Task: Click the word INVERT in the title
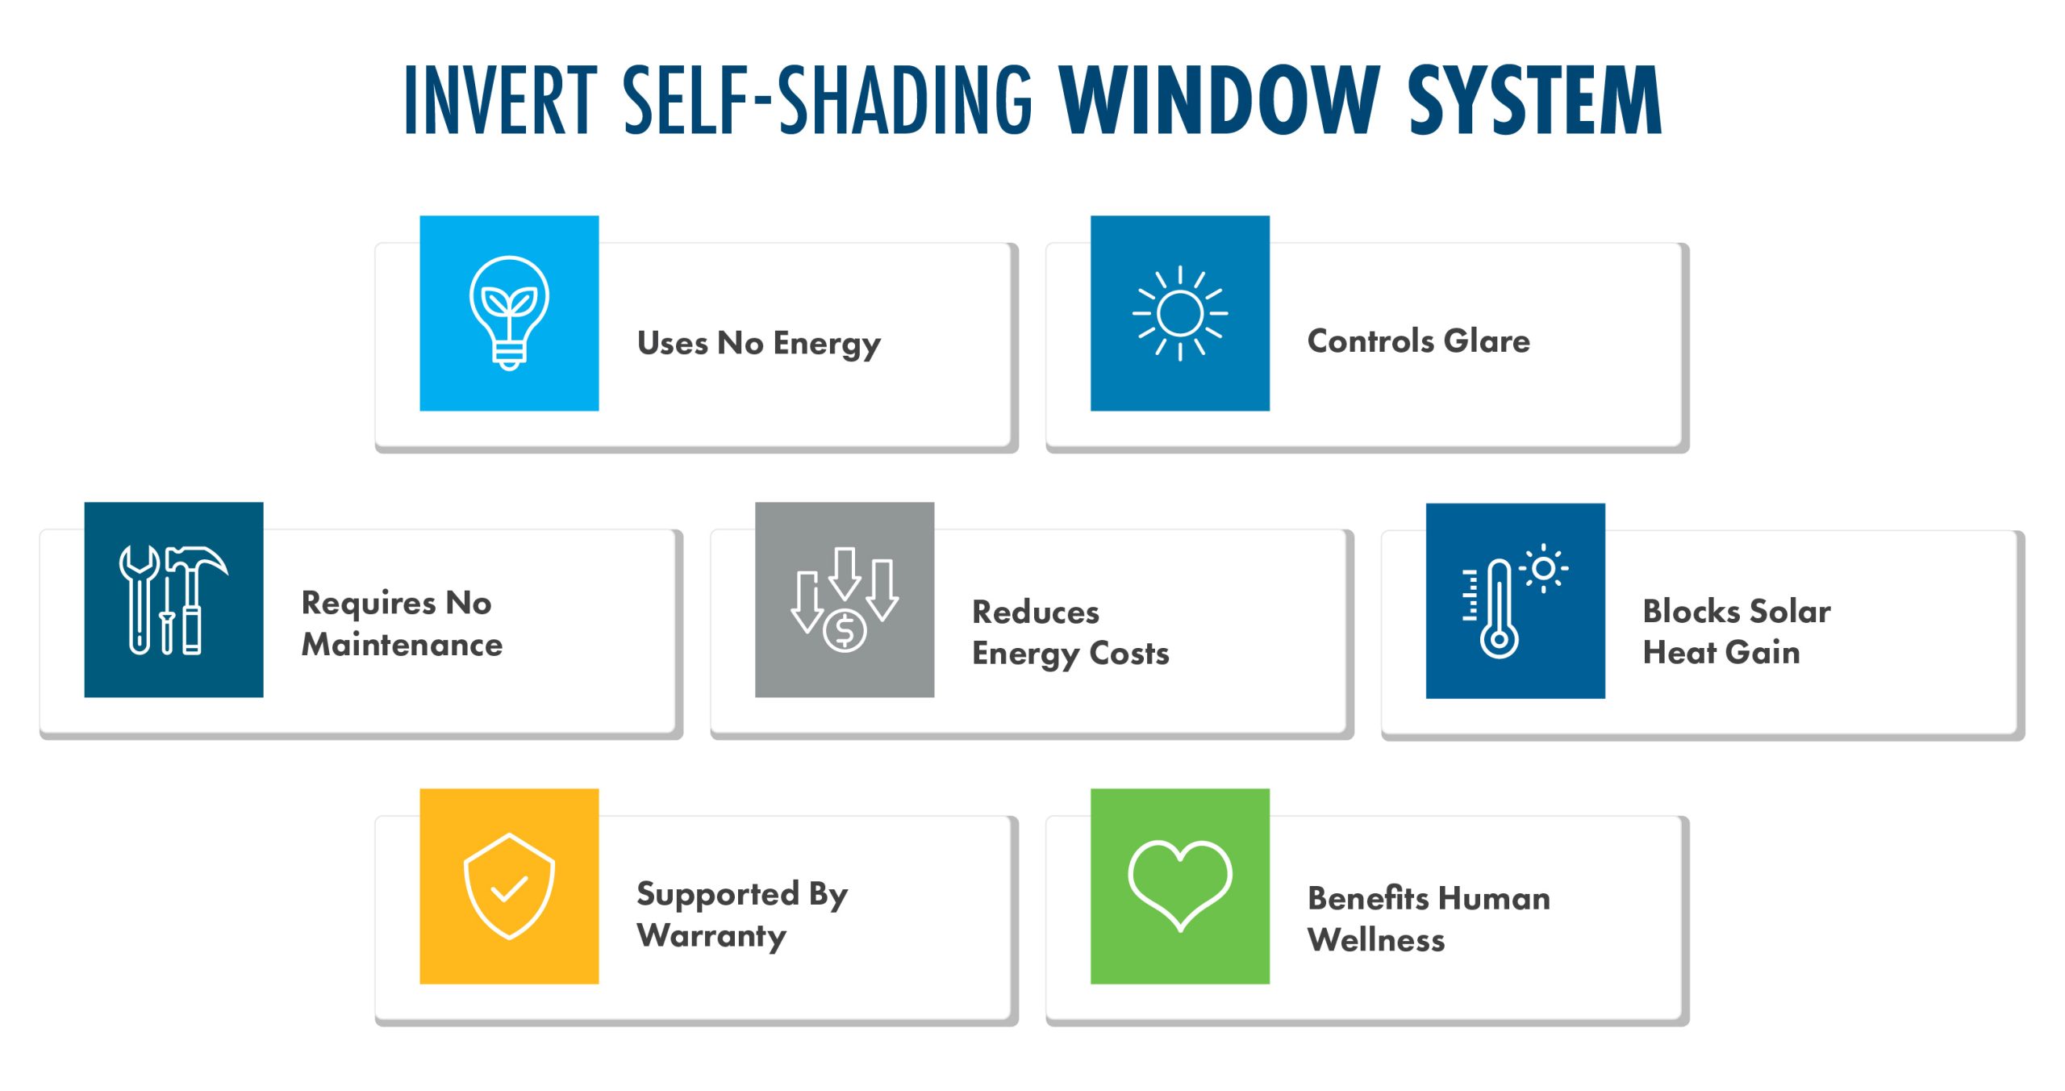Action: [x=501, y=100]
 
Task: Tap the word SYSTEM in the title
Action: [x=1534, y=100]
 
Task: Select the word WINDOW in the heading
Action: [x=1220, y=100]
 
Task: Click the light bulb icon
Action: [x=509, y=313]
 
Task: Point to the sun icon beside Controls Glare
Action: [x=1180, y=313]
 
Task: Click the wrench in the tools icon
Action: [x=140, y=599]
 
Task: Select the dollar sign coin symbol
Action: [x=845, y=631]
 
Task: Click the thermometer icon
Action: [x=1498, y=608]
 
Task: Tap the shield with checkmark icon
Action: [x=509, y=886]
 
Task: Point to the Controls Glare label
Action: [x=1419, y=341]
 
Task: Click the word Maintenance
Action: [x=402, y=645]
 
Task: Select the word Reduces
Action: [x=1036, y=612]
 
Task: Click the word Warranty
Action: [x=711, y=936]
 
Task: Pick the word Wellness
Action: [x=1376, y=940]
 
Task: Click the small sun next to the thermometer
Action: [x=1544, y=569]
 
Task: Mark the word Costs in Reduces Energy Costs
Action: [x=1129, y=654]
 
